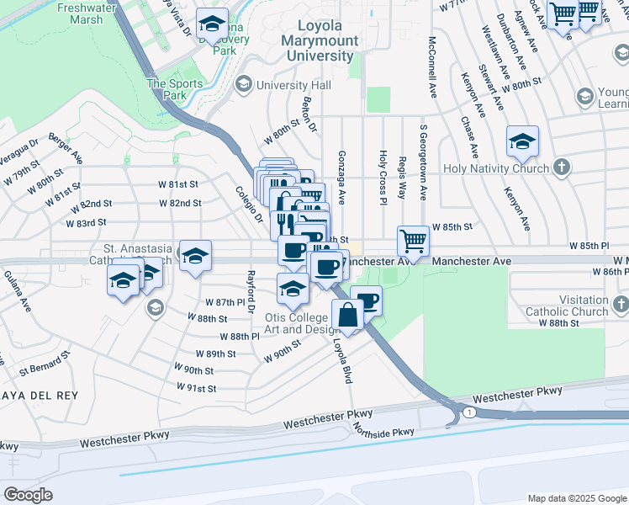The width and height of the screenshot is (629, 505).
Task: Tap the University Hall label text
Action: [x=294, y=85]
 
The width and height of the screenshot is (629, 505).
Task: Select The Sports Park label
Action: [x=175, y=89]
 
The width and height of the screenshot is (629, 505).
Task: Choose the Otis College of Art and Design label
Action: [x=295, y=323]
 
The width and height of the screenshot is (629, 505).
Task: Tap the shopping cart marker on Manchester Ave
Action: [x=413, y=242]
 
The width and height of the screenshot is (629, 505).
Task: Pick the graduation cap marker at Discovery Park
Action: [x=212, y=24]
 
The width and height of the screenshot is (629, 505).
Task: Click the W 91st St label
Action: [x=197, y=387]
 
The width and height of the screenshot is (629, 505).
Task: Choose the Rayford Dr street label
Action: [x=250, y=287]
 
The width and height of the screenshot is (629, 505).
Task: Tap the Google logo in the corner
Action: [x=28, y=494]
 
